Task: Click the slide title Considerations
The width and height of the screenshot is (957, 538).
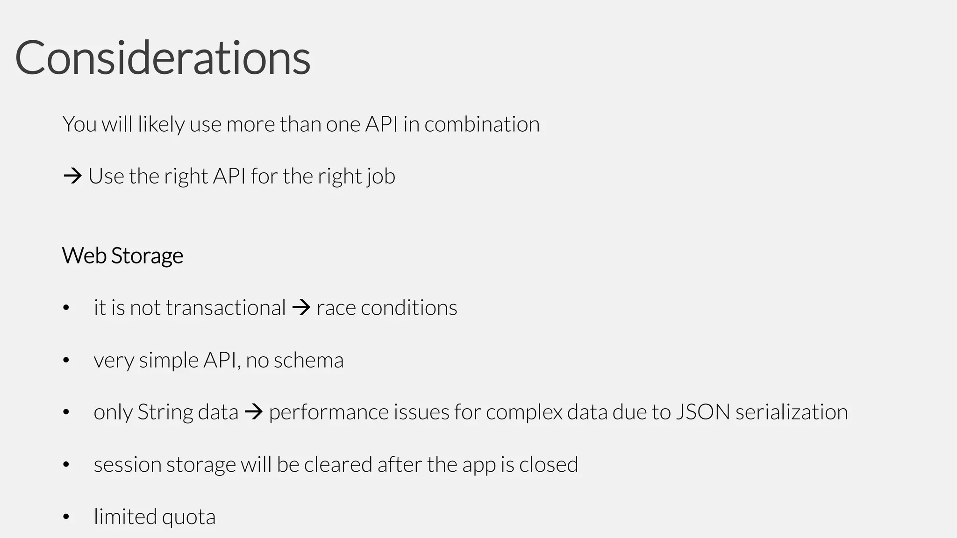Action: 163,58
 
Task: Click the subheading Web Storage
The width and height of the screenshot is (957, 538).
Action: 122,255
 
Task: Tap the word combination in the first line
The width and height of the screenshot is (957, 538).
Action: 482,124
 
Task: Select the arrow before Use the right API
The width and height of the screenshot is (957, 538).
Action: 72,176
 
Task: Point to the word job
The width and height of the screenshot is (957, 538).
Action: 381,177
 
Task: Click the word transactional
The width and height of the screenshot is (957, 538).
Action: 225,308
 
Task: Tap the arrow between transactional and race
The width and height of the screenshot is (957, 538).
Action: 301,308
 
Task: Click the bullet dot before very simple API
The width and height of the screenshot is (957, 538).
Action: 66,360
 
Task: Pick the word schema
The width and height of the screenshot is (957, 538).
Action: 308,360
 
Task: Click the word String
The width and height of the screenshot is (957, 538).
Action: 162,412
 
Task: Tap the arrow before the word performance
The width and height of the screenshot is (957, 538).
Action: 254,412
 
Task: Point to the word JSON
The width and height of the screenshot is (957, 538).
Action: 703,412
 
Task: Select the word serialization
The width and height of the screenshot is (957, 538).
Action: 792,412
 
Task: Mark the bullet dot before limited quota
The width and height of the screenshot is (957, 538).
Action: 66,517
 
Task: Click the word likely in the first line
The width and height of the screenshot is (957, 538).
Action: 161,125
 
